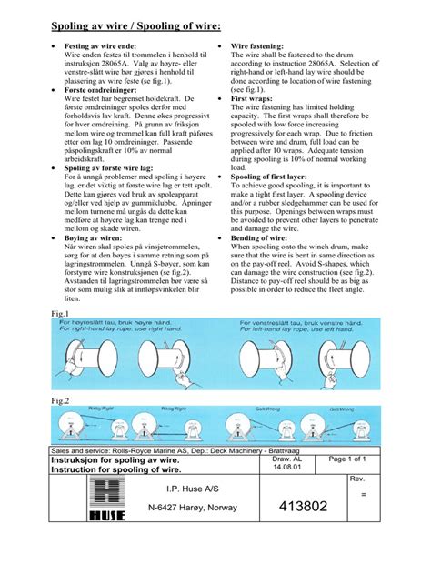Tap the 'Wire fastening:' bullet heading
[262, 45]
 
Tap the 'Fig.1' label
[59, 312]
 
